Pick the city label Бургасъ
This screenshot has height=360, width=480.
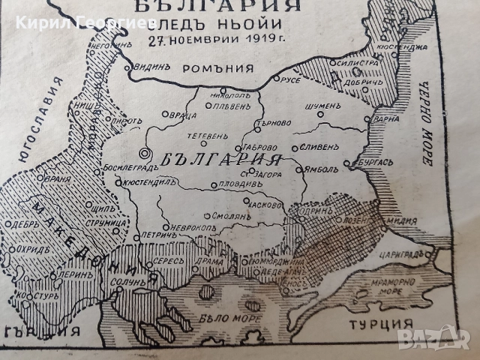pyautogui.click(x=372, y=161)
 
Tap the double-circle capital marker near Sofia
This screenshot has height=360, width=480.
pyautogui.click(x=145, y=154)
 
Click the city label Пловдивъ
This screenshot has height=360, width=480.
pyautogui.click(x=240, y=183)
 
